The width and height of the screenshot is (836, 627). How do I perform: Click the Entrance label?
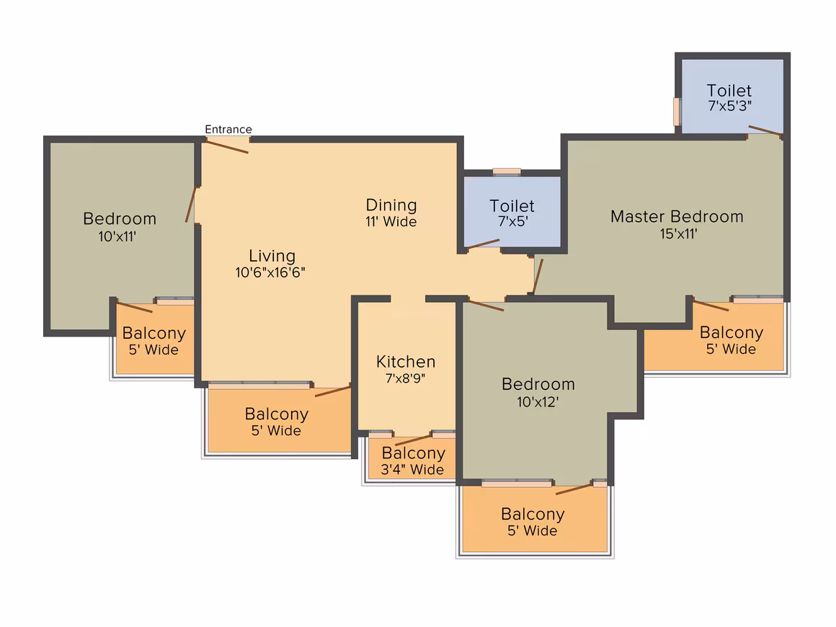(x=228, y=130)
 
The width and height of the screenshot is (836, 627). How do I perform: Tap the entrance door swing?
(x=226, y=146)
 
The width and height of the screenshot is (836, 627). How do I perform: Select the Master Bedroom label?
(x=676, y=216)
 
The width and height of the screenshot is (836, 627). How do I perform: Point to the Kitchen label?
(x=406, y=362)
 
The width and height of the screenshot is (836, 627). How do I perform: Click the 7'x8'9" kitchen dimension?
(x=406, y=378)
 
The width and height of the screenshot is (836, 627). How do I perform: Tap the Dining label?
(x=391, y=205)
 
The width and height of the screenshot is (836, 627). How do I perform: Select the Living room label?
(x=272, y=256)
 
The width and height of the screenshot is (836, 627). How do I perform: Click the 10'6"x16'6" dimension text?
(x=272, y=272)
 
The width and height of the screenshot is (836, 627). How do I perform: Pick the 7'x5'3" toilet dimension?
(x=729, y=105)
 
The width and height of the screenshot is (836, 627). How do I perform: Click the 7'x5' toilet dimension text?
(x=512, y=222)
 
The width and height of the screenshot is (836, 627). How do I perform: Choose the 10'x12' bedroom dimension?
(x=538, y=401)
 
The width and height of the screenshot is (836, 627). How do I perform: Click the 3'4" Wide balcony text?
(x=413, y=470)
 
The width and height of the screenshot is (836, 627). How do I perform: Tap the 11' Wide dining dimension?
(x=391, y=222)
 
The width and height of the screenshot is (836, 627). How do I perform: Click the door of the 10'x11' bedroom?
(x=191, y=205)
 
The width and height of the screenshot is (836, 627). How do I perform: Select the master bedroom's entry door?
(x=537, y=277)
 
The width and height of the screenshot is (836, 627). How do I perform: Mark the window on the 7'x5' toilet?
(x=507, y=172)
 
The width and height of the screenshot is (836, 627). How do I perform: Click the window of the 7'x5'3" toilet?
(x=677, y=111)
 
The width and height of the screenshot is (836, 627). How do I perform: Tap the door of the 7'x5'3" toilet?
(x=765, y=131)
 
